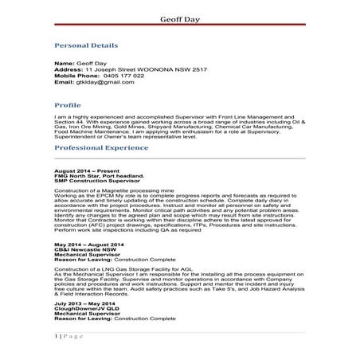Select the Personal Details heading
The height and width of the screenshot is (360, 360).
86,45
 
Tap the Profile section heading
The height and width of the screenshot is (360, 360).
67,104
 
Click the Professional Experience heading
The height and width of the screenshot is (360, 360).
101,149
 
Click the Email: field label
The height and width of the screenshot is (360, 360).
65,81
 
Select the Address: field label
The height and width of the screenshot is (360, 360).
68,68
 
